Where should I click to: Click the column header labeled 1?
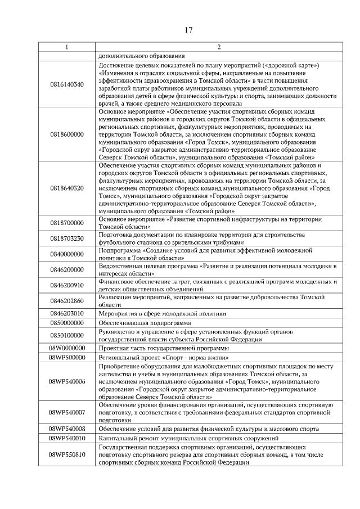click(67, 47)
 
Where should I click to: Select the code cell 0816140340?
click(67, 84)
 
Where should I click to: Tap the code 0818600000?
click(67, 134)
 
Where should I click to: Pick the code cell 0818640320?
click(67, 188)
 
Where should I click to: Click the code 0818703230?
click(67, 238)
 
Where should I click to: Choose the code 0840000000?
click(67, 254)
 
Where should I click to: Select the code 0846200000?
click(67, 269)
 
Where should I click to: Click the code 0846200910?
click(67, 285)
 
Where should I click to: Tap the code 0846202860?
click(67, 301)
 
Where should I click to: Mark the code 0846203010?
click(67, 313)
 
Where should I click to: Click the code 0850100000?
click(67, 335)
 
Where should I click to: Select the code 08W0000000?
click(67, 348)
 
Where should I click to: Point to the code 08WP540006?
click(67, 382)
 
